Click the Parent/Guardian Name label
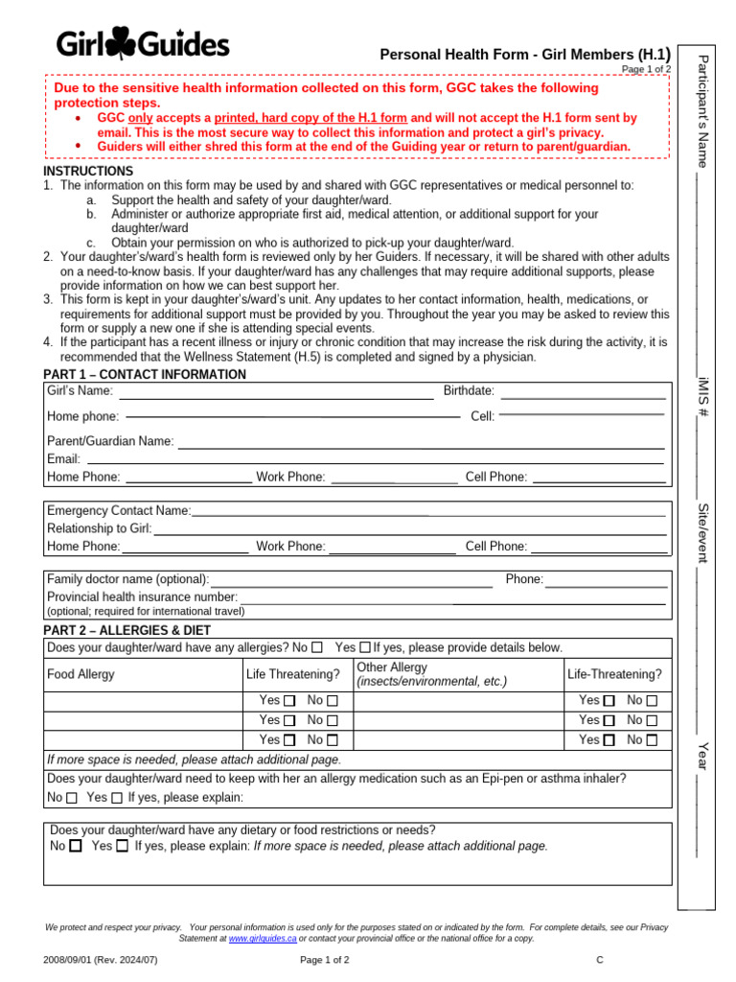click(110, 441)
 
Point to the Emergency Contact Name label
click(119, 511)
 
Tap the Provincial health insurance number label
click(142, 596)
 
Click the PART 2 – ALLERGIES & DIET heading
click(126, 630)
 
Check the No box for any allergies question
click(317, 647)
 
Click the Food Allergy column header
click(80, 674)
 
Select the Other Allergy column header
click(392, 667)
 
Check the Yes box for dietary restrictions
click(122, 847)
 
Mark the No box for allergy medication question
click(72, 798)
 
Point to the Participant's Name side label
click(702, 111)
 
